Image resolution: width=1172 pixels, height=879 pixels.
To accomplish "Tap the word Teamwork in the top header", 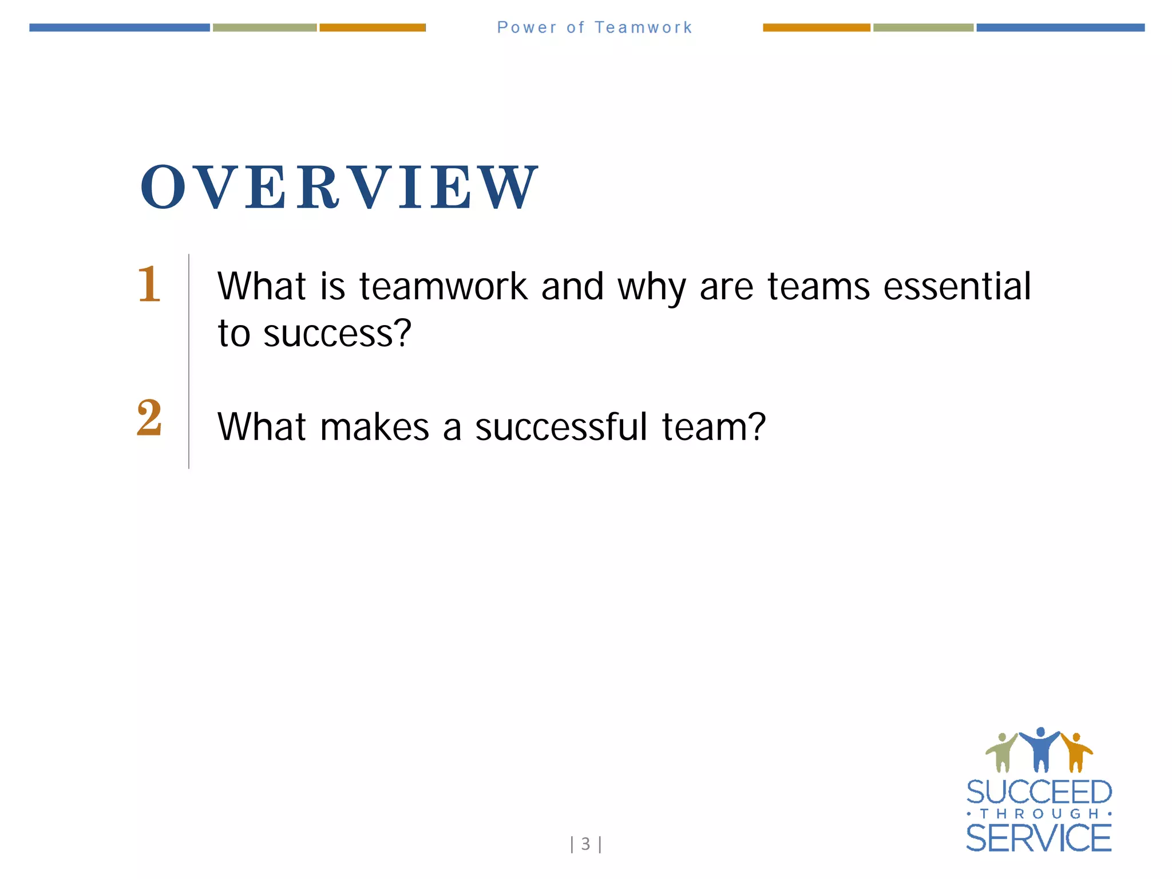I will [x=643, y=27].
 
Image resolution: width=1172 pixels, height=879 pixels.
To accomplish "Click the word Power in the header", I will [x=526, y=27].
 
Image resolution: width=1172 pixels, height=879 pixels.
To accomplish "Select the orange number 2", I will [x=149, y=418].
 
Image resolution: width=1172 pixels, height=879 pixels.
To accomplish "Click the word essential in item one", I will [x=957, y=286].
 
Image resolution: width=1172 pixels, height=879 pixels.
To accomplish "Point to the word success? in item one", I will [x=337, y=333].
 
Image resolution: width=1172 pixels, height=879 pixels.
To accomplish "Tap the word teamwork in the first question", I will [x=443, y=286].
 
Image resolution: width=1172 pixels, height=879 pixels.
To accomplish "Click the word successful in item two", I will [x=561, y=427].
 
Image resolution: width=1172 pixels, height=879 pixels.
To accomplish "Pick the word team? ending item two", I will [x=714, y=427].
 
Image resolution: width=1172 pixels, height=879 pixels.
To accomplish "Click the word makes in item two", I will [x=375, y=427].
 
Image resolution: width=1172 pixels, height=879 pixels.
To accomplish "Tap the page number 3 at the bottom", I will [x=585, y=844].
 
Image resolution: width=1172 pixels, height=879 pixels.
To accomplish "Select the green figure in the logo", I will [x=1001, y=753].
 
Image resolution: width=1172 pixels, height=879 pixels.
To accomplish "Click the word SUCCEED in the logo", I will [x=1039, y=793].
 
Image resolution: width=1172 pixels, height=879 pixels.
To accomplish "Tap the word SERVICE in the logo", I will [x=1039, y=838].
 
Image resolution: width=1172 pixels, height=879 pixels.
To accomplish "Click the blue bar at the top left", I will [x=119, y=27].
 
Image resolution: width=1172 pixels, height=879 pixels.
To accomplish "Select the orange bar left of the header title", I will [x=372, y=27].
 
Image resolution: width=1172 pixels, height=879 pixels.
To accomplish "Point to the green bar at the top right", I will [x=922, y=27].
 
